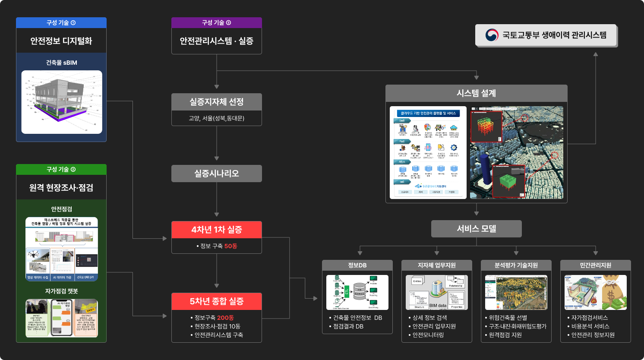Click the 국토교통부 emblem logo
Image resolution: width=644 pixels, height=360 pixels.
(492, 35)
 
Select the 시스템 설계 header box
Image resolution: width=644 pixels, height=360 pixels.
(476, 93)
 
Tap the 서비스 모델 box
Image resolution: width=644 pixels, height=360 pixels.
(476, 229)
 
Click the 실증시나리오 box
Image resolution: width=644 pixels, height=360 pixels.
(216, 174)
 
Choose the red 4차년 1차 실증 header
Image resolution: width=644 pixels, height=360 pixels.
(216, 230)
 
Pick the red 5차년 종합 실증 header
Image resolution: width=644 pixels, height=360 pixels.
(216, 301)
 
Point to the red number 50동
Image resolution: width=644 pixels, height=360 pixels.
(230, 246)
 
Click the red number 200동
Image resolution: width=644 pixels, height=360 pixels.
(225, 318)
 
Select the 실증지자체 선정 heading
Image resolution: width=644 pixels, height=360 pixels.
(216, 102)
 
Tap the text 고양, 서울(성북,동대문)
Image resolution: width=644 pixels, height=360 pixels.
(216, 118)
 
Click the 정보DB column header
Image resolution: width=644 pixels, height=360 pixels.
(357, 265)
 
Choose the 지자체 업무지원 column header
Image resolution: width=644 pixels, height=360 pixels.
(436, 265)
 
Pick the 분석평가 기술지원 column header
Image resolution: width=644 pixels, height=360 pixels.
(516, 265)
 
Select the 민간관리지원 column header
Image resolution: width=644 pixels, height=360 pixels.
(595, 265)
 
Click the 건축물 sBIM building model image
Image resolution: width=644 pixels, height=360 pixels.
(61, 102)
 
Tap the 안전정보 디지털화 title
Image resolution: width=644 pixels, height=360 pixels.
(61, 41)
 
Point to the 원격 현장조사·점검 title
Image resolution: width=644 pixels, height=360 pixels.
(61, 188)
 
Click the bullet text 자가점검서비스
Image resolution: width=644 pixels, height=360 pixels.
(589, 318)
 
